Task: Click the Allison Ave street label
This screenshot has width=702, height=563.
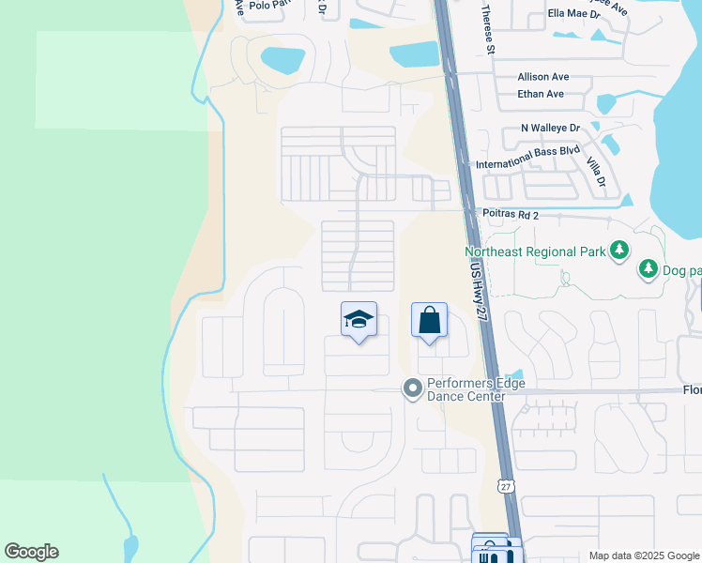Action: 543,78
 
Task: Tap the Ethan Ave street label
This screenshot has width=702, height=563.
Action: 541,94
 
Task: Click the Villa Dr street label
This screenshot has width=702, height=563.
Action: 596,174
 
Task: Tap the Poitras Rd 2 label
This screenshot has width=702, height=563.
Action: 511,215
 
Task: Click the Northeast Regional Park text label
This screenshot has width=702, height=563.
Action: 535,251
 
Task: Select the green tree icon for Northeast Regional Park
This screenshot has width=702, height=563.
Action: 618,251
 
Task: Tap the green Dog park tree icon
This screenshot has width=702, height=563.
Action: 649,269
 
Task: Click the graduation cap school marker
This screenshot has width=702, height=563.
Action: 358,320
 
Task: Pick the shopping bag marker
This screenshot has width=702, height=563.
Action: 429,320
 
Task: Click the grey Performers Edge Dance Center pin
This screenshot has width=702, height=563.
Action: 412,388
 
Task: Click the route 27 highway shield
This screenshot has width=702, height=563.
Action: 506,486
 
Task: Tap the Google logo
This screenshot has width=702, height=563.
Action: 31,552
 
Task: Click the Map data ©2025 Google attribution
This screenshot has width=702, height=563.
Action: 644,555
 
